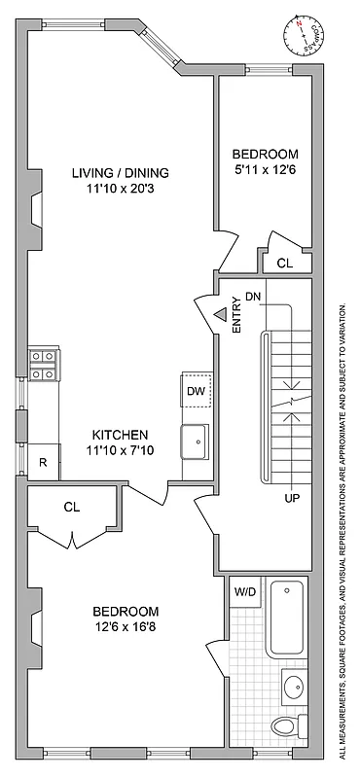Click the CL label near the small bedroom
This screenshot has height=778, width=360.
coord(285,263)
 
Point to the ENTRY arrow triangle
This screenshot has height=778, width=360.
coord(221,314)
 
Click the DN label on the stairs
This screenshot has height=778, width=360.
coord(253,296)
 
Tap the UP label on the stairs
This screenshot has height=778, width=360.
coord(291,499)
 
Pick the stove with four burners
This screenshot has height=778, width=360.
coord(43,364)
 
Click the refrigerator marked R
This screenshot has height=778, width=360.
coord(43,462)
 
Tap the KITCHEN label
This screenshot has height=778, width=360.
coord(120,434)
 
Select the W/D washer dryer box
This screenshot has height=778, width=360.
coord(244,589)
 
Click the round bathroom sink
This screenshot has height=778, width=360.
coord(292,687)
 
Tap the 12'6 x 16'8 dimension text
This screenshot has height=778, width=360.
coord(125,627)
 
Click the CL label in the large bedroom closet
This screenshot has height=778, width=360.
coord(72,506)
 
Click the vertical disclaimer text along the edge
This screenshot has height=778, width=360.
coord(342,530)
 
